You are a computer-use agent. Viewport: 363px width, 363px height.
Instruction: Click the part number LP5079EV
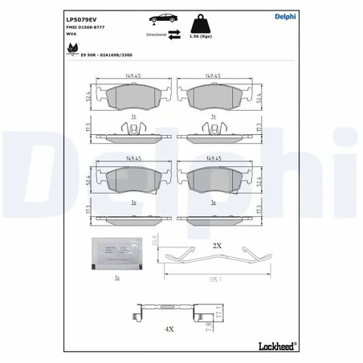(x=80, y=17)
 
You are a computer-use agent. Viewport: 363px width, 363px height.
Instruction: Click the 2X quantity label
(x=216, y=244)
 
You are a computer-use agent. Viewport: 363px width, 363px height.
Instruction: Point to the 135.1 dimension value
(x=214, y=280)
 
